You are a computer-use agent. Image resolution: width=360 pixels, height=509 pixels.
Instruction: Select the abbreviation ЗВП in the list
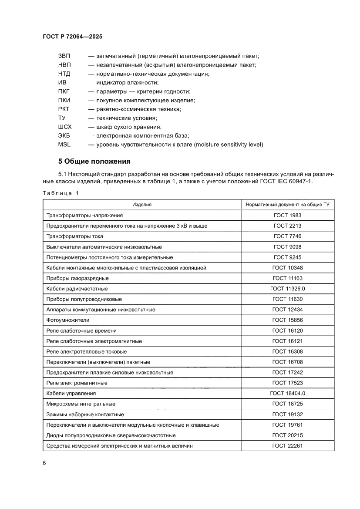pyautogui.click(x=64, y=56)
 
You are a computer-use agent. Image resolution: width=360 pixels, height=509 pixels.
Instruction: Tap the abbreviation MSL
pyautogui.click(x=64, y=145)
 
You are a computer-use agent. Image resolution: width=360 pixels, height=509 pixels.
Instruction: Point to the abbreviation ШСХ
pyautogui.click(x=65, y=127)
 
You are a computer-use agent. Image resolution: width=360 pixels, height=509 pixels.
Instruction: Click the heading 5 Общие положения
pyautogui.click(x=94, y=162)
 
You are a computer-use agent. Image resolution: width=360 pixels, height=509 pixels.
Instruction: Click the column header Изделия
pyautogui.click(x=142, y=204)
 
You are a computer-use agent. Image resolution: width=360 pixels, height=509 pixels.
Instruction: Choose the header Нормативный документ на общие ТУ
pyautogui.click(x=287, y=204)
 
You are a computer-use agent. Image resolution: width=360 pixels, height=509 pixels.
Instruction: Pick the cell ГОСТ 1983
pyautogui.click(x=287, y=215)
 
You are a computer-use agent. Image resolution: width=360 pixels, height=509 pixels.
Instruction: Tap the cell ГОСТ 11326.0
pyautogui.click(x=287, y=289)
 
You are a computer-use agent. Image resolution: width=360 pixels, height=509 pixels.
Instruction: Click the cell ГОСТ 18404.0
pyautogui.click(x=287, y=393)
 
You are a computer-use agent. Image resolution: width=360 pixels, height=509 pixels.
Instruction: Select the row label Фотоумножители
pyautogui.click(x=67, y=320)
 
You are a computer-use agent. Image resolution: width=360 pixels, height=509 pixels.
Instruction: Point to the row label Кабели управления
pyautogui.click(x=71, y=393)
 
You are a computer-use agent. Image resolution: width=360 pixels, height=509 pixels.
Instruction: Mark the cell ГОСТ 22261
pyautogui.click(x=287, y=445)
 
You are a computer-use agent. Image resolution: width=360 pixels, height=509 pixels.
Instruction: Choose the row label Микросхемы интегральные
pyautogui.click(x=81, y=404)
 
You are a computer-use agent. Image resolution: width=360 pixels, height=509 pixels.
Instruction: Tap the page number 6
pyautogui.click(x=44, y=463)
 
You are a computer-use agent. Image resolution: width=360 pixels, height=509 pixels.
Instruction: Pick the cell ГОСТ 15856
pyautogui.click(x=287, y=320)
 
